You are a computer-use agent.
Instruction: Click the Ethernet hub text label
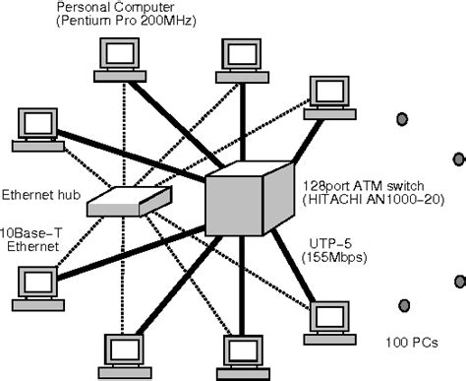click(43, 167)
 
